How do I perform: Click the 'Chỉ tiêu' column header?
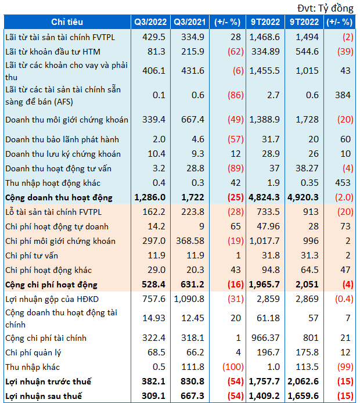click(x=67, y=22)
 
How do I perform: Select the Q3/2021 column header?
click(x=190, y=22)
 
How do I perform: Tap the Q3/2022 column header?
click(x=150, y=22)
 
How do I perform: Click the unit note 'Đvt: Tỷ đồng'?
click(x=325, y=8)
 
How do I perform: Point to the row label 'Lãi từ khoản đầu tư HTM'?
click(x=53, y=52)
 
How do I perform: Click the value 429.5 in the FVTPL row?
click(x=154, y=37)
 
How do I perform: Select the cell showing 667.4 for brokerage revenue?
click(x=192, y=120)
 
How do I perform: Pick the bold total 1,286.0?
click(x=150, y=197)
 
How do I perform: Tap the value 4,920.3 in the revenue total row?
click(x=303, y=197)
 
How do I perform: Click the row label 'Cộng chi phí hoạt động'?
click(x=52, y=285)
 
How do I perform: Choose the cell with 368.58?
click(x=190, y=241)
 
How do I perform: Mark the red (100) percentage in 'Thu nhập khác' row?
click(x=233, y=367)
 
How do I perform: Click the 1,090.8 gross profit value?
click(x=189, y=299)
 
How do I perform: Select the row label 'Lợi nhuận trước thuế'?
click(x=48, y=382)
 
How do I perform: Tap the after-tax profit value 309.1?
click(x=153, y=396)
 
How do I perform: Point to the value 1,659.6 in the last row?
click(x=303, y=396)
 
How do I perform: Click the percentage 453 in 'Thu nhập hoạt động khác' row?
click(x=343, y=183)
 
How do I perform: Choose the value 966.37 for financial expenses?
click(x=265, y=338)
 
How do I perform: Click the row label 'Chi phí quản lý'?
click(x=34, y=352)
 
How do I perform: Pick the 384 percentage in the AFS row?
click(x=343, y=95)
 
